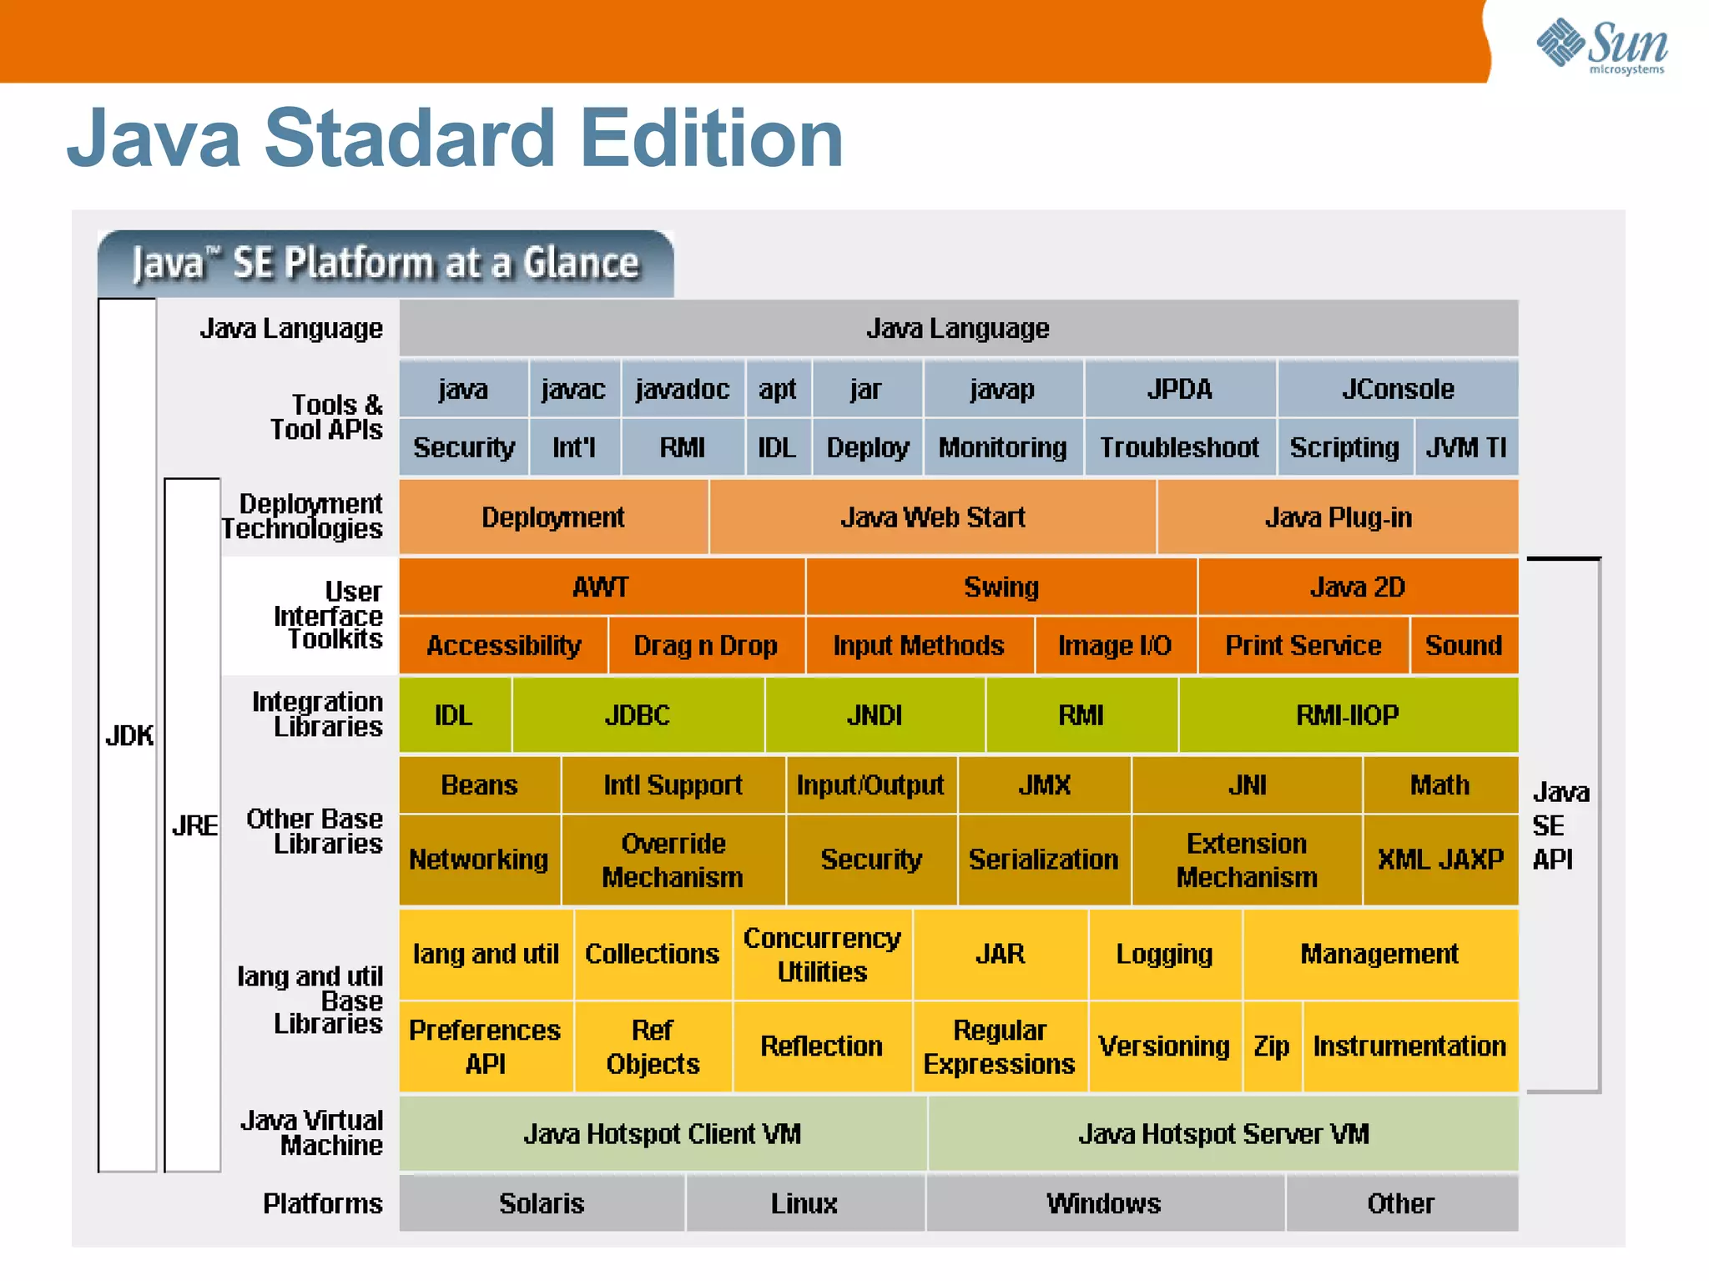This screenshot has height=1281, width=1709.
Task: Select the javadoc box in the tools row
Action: coord(683,389)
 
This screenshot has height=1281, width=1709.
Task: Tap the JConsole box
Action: coord(1398,389)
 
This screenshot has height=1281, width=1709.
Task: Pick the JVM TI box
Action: coord(1466,447)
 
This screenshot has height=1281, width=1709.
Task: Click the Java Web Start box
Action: coord(932,517)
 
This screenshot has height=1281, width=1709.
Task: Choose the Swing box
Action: coord(1001,587)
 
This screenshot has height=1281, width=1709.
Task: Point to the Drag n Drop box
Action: coord(706,645)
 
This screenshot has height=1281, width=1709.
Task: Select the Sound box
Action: coord(1464,645)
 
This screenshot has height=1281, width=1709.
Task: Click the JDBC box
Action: coord(638,715)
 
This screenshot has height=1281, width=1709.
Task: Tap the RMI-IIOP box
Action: coord(1347,715)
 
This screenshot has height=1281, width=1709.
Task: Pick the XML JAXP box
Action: coord(1440,860)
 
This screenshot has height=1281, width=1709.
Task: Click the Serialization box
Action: coord(1043,860)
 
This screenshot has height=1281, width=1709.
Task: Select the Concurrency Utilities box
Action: coord(822,955)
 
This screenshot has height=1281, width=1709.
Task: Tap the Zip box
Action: coord(1272,1046)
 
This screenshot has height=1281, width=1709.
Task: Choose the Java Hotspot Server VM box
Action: coord(1223,1134)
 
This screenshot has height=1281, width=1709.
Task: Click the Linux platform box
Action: coord(804,1203)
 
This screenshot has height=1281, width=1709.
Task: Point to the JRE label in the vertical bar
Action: coord(194,825)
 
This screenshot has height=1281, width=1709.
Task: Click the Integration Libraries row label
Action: coord(317,714)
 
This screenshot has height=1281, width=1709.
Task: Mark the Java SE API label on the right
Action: coord(1559,825)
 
